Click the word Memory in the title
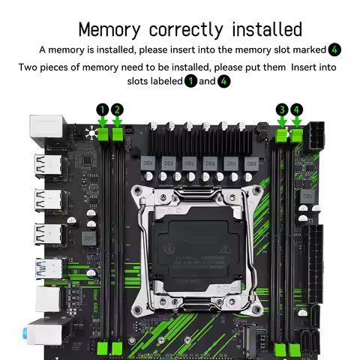click(110, 30)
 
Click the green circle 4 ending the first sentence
click(334, 49)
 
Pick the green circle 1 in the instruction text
click(190, 80)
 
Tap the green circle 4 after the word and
click(223, 80)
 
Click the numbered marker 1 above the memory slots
click(103, 110)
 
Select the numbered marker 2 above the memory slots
click(117, 110)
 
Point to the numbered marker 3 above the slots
click(282, 110)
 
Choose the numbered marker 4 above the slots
click(296, 110)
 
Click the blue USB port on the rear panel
click(44, 267)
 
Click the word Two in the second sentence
click(28, 67)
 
